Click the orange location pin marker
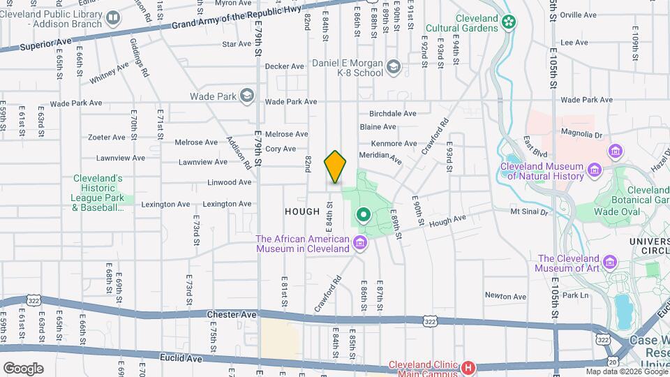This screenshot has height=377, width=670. (336, 167)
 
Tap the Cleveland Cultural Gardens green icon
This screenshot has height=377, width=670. (510, 23)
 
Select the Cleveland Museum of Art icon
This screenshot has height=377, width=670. (611, 262)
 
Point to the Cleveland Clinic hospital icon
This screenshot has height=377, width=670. (468, 367)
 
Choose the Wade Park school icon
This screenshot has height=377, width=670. (246, 96)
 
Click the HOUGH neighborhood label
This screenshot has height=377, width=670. (301, 212)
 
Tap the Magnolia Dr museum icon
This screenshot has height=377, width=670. (615, 151)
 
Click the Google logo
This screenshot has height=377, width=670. (22, 368)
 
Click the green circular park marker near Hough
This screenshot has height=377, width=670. (363, 214)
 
